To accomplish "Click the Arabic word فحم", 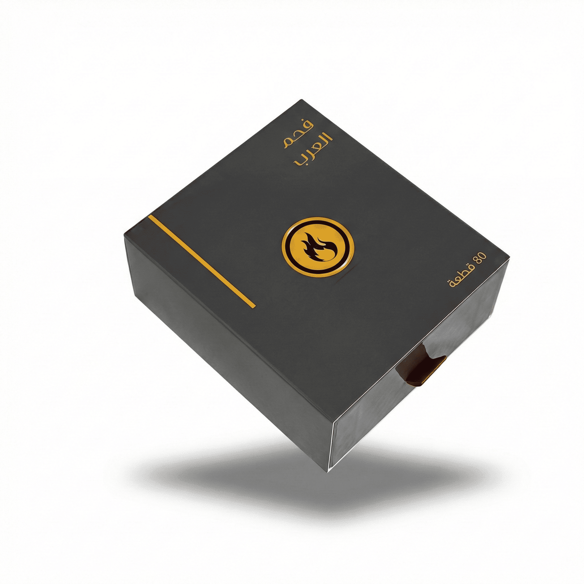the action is [x=299, y=133].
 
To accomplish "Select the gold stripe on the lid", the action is [x=202, y=261].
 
